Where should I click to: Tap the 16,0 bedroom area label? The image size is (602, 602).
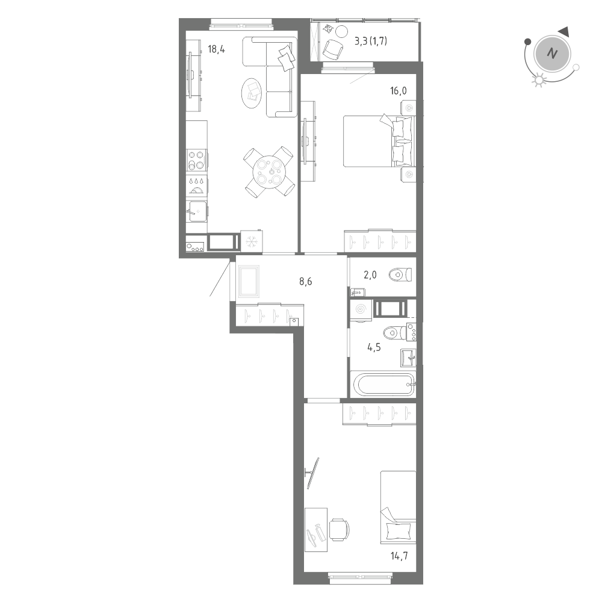399,91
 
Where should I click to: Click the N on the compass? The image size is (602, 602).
551,54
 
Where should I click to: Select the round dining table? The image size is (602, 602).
269,171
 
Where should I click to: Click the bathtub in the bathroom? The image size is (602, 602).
383,384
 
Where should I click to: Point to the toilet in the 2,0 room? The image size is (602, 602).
399,275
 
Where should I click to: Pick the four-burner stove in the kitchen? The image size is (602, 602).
196,160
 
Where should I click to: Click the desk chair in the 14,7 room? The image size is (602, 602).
339,529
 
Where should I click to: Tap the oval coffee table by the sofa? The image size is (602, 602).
252,92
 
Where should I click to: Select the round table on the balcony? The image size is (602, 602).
341,32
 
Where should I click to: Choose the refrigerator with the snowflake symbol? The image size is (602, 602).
250,241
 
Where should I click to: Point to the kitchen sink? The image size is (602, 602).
197,211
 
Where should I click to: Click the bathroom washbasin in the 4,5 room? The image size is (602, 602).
408,358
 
